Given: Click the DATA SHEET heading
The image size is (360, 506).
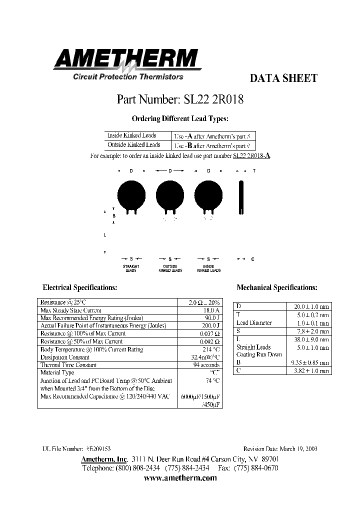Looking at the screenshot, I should pyautogui.click(x=283, y=78).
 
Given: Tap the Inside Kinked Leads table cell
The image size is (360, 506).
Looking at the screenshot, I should pyautogui.click(x=132, y=135).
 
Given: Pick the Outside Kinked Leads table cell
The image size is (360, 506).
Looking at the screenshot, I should pyautogui.click(x=133, y=145).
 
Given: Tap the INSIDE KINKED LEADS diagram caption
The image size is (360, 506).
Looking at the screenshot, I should pyautogui.click(x=209, y=268).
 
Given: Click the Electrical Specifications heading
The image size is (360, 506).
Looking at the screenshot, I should pyautogui.click(x=80, y=287).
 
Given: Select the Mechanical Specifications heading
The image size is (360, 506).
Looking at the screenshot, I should pyautogui.click(x=277, y=287).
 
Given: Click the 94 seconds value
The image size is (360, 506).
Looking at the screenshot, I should pyautogui.click(x=206, y=365).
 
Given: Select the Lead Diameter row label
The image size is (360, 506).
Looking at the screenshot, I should pyautogui.click(x=254, y=323).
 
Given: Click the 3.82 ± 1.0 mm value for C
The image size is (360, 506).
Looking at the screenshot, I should pyautogui.click(x=309, y=371).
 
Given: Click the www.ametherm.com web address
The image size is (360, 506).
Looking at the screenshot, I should pyautogui.click(x=180, y=478).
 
